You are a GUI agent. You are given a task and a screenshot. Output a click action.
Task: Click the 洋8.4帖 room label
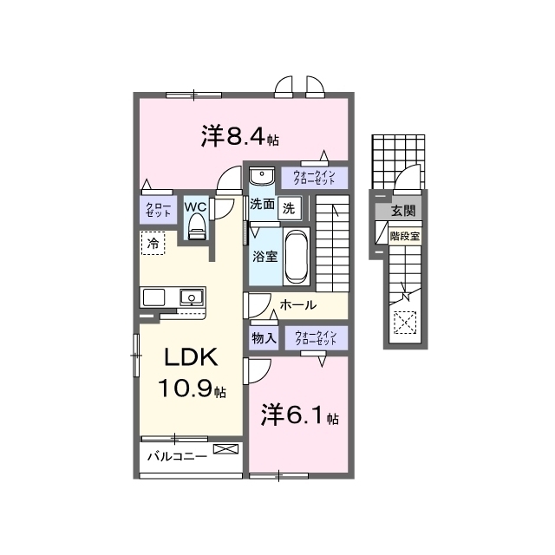[240, 135]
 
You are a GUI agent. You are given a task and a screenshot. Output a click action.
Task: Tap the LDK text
[191, 357]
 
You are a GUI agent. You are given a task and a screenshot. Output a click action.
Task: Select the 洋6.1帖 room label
[300, 415]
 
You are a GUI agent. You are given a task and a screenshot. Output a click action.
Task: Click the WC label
[195, 207]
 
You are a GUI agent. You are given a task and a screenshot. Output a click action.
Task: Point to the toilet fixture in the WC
[197, 227]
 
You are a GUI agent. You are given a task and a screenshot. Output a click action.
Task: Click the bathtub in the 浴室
[297, 256]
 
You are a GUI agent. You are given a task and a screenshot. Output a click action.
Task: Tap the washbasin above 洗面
[262, 176]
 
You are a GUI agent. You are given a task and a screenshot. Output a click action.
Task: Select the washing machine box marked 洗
[289, 208]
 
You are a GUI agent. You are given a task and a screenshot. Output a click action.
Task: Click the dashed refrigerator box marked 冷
[153, 243]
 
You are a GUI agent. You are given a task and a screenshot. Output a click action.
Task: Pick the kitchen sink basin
[192, 297]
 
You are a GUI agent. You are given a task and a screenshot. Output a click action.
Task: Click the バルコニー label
[177, 456]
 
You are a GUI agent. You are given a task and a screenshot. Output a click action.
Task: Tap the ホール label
[298, 304]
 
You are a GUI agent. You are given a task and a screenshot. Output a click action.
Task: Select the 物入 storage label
[264, 338]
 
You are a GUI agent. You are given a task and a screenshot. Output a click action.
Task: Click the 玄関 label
[402, 212]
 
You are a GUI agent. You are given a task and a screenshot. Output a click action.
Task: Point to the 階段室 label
[405, 236]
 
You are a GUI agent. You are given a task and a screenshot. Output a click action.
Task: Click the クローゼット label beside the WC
[158, 210]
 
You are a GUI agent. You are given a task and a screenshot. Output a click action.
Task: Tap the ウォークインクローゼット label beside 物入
[316, 337]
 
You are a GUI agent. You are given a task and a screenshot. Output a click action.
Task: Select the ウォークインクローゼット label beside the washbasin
[314, 177]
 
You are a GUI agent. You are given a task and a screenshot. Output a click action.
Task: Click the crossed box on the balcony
[225, 449]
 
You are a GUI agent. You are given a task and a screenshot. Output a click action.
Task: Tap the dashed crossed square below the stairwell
[405, 322]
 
